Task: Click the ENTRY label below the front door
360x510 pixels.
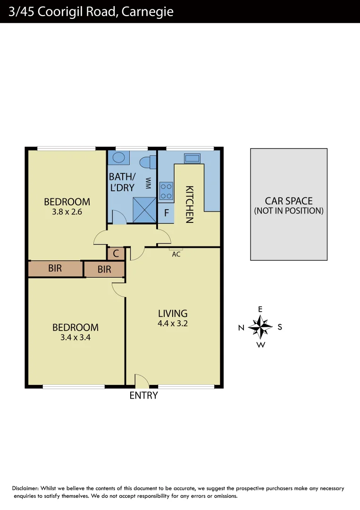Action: pyautogui.click(x=143, y=396)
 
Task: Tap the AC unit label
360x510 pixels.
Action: pyautogui.click(x=176, y=254)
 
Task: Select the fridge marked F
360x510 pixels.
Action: pyautogui.click(x=166, y=212)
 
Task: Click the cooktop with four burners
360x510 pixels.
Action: pyautogui.click(x=166, y=190)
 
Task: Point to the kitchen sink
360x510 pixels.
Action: pyautogui.click(x=192, y=158)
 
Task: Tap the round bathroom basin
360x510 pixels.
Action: pyautogui.click(x=119, y=158)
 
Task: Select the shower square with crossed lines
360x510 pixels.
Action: pyautogui.click(x=144, y=209)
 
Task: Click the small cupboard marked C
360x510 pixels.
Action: pyautogui.click(x=116, y=254)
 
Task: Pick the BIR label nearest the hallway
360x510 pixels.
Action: pyautogui.click(x=104, y=269)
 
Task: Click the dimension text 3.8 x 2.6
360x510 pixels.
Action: pyautogui.click(x=67, y=212)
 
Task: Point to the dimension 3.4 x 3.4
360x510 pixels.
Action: pyautogui.click(x=75, y=338)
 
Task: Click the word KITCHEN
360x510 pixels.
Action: pyautogui.click(x=189, y=204)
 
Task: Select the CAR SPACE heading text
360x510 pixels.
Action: pyautogui.click(x=288, y=201)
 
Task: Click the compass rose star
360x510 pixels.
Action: pyautogui.click(x=260, y=326)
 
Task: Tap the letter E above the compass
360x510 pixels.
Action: pyautogui.click(x=260, y=309)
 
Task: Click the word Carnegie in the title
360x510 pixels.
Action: pyautogui.click(x=147, y=11)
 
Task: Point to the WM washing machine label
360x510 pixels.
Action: pyautogui.click(x=148, y=183)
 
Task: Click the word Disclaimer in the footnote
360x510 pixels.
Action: pyautogui.click(x=25, y=488)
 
